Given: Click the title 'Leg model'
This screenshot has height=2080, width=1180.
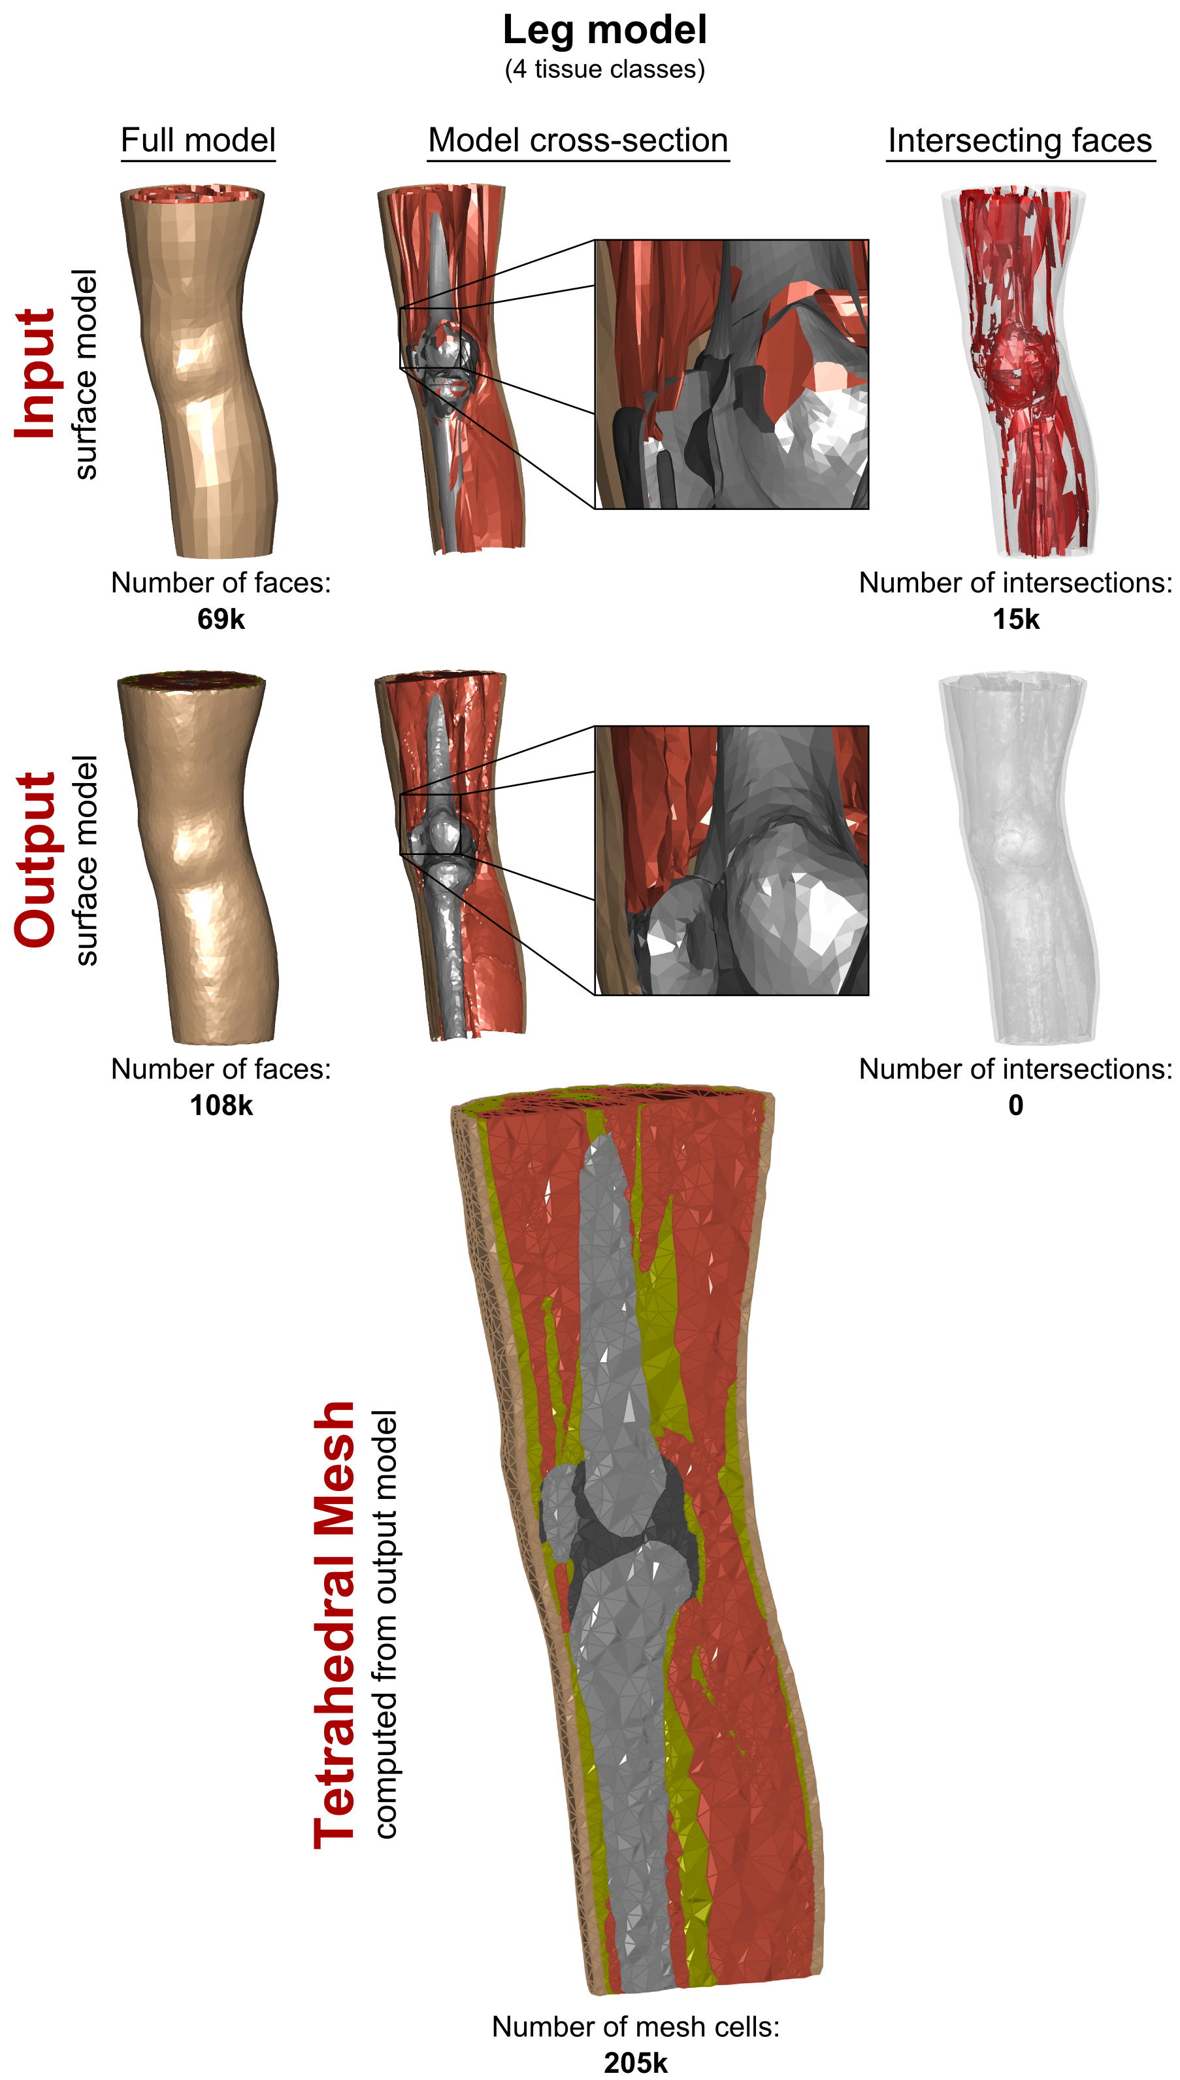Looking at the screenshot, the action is [604, 30].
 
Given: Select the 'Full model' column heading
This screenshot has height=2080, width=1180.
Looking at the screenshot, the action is [198, 141].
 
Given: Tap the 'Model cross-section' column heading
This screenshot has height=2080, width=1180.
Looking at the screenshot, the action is [578, 141].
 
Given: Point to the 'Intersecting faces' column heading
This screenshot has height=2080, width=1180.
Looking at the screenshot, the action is [1019, 141].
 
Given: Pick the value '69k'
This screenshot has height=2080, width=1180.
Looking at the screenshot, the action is [220, 619].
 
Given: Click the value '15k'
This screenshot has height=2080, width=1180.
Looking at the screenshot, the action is [1015, 619].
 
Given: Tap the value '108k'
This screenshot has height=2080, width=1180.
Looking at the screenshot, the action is [220, 1105].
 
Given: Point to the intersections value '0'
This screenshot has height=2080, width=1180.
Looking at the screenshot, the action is [1015, 1105].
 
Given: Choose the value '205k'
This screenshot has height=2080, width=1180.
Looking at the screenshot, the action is [635, 2062].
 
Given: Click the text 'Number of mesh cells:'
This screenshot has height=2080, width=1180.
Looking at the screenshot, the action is [635, 2026].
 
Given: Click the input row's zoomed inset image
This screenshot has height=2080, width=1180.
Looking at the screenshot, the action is [732, 375].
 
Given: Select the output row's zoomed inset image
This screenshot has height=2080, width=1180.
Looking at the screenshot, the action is [732, 860].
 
